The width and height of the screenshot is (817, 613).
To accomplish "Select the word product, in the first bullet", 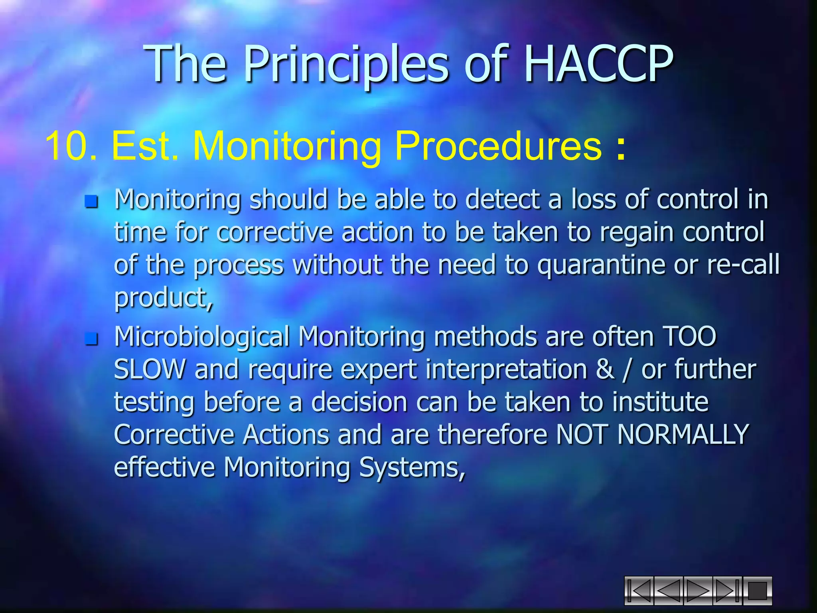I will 164,299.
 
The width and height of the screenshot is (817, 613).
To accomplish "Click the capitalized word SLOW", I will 150,369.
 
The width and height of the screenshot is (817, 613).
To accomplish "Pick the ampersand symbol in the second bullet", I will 605,369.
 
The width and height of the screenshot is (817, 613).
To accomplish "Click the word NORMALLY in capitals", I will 683,434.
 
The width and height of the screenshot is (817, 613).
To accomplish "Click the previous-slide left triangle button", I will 668,590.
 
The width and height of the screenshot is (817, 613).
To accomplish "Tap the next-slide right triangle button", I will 698,590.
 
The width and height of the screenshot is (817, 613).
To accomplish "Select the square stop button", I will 757,590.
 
